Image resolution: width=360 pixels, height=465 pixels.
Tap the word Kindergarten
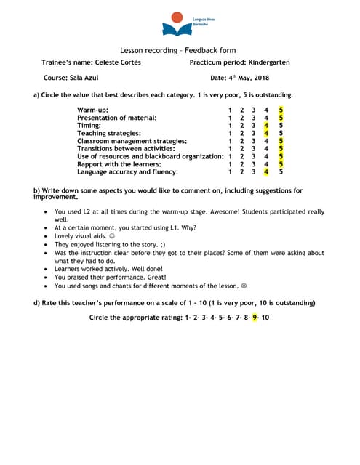pos(265,62)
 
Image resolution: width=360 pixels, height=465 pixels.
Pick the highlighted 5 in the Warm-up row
pos(281,110)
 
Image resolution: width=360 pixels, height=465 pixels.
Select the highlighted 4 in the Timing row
pos(267,125)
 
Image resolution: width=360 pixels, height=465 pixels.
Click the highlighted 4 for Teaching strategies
pos(267,133)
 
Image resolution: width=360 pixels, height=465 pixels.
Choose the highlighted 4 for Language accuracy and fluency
pos(267,172)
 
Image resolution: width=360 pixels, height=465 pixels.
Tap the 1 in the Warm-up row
pos(230,110)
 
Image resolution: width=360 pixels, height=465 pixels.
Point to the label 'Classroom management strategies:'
pos(132,141)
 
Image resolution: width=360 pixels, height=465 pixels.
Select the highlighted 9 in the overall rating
pos(255,318)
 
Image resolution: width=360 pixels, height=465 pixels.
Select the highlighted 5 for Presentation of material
pos(281,118)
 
